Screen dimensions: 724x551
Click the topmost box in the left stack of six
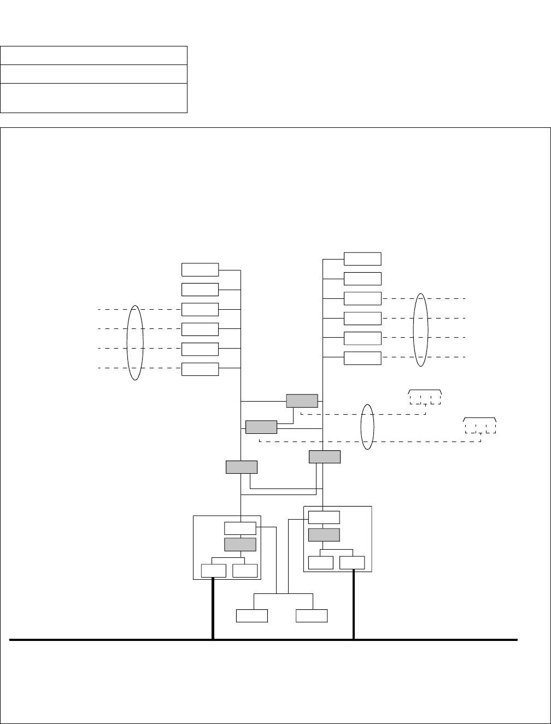tap(200, 270)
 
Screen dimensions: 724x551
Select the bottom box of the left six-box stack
tap(200, 369)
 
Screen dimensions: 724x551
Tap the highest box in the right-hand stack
tap(362, 259)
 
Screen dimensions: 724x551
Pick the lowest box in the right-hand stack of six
tap(362, 358)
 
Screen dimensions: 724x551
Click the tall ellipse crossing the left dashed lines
tap(135, 343)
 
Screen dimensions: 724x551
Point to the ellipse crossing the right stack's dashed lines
tap(420, 329)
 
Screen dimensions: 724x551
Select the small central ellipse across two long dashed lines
tap(368, 427)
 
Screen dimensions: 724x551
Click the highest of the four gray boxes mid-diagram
tap(302, 401)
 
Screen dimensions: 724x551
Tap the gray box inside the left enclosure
tap(240, 544)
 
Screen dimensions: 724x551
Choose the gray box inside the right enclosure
tap(324, 534)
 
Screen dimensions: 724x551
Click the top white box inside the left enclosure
tap(240, 528)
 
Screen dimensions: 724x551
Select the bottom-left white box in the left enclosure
tap(213, 570)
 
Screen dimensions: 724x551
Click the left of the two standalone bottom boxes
tap(252, 615)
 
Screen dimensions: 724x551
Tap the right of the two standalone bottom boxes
tap(312, 615)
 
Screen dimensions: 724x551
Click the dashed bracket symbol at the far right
tap(480, 425)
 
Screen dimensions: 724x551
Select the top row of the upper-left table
tap(93, 56)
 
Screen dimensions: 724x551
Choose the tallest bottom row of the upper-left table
tap(93, 98)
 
